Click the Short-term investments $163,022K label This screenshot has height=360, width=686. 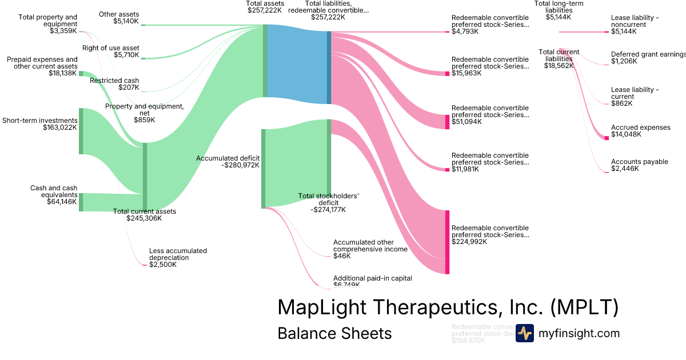click(39, 124)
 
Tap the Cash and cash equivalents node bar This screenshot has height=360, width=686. click(81, 202)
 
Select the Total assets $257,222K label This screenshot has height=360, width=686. click(265, 7)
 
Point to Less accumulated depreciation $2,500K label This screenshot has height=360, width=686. click(178, 258)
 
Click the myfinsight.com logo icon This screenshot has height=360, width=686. click(524, 333)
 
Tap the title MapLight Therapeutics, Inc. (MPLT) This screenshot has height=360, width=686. click(448, 307)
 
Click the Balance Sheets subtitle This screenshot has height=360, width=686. click(334, 334)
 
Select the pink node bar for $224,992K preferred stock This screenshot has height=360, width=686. click(448, 242)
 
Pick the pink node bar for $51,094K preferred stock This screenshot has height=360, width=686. click(448, 122)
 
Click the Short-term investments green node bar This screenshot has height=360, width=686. click(81, 131)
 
